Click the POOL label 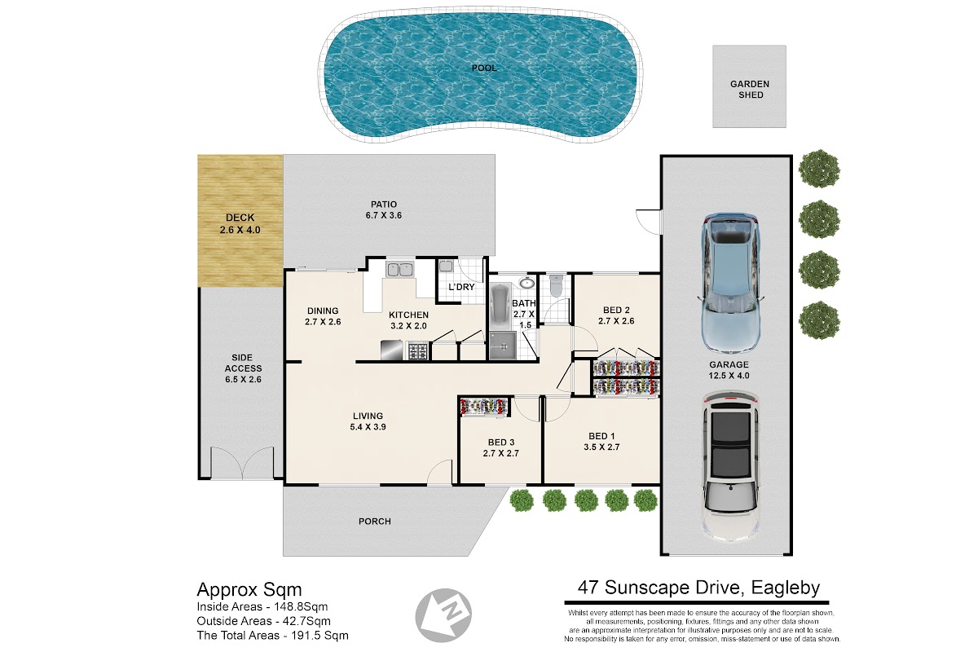[484, 68]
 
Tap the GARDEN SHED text [750, 89]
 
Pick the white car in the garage [730, 466]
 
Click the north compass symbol [443, 615]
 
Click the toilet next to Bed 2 [556, 285]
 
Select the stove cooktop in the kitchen [418, 350]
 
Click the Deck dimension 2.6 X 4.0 [240, 230]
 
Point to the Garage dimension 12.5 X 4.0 [729, 376]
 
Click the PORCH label [375, 522]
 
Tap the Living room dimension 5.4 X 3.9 [368, 427]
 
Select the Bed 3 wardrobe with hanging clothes [484, 407]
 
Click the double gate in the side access [242, 463]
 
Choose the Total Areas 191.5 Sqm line [272, 636]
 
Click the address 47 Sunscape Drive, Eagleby [698, 588]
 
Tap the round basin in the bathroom [527, 283]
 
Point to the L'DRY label [461, 287]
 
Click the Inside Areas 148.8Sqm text [262, 606]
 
